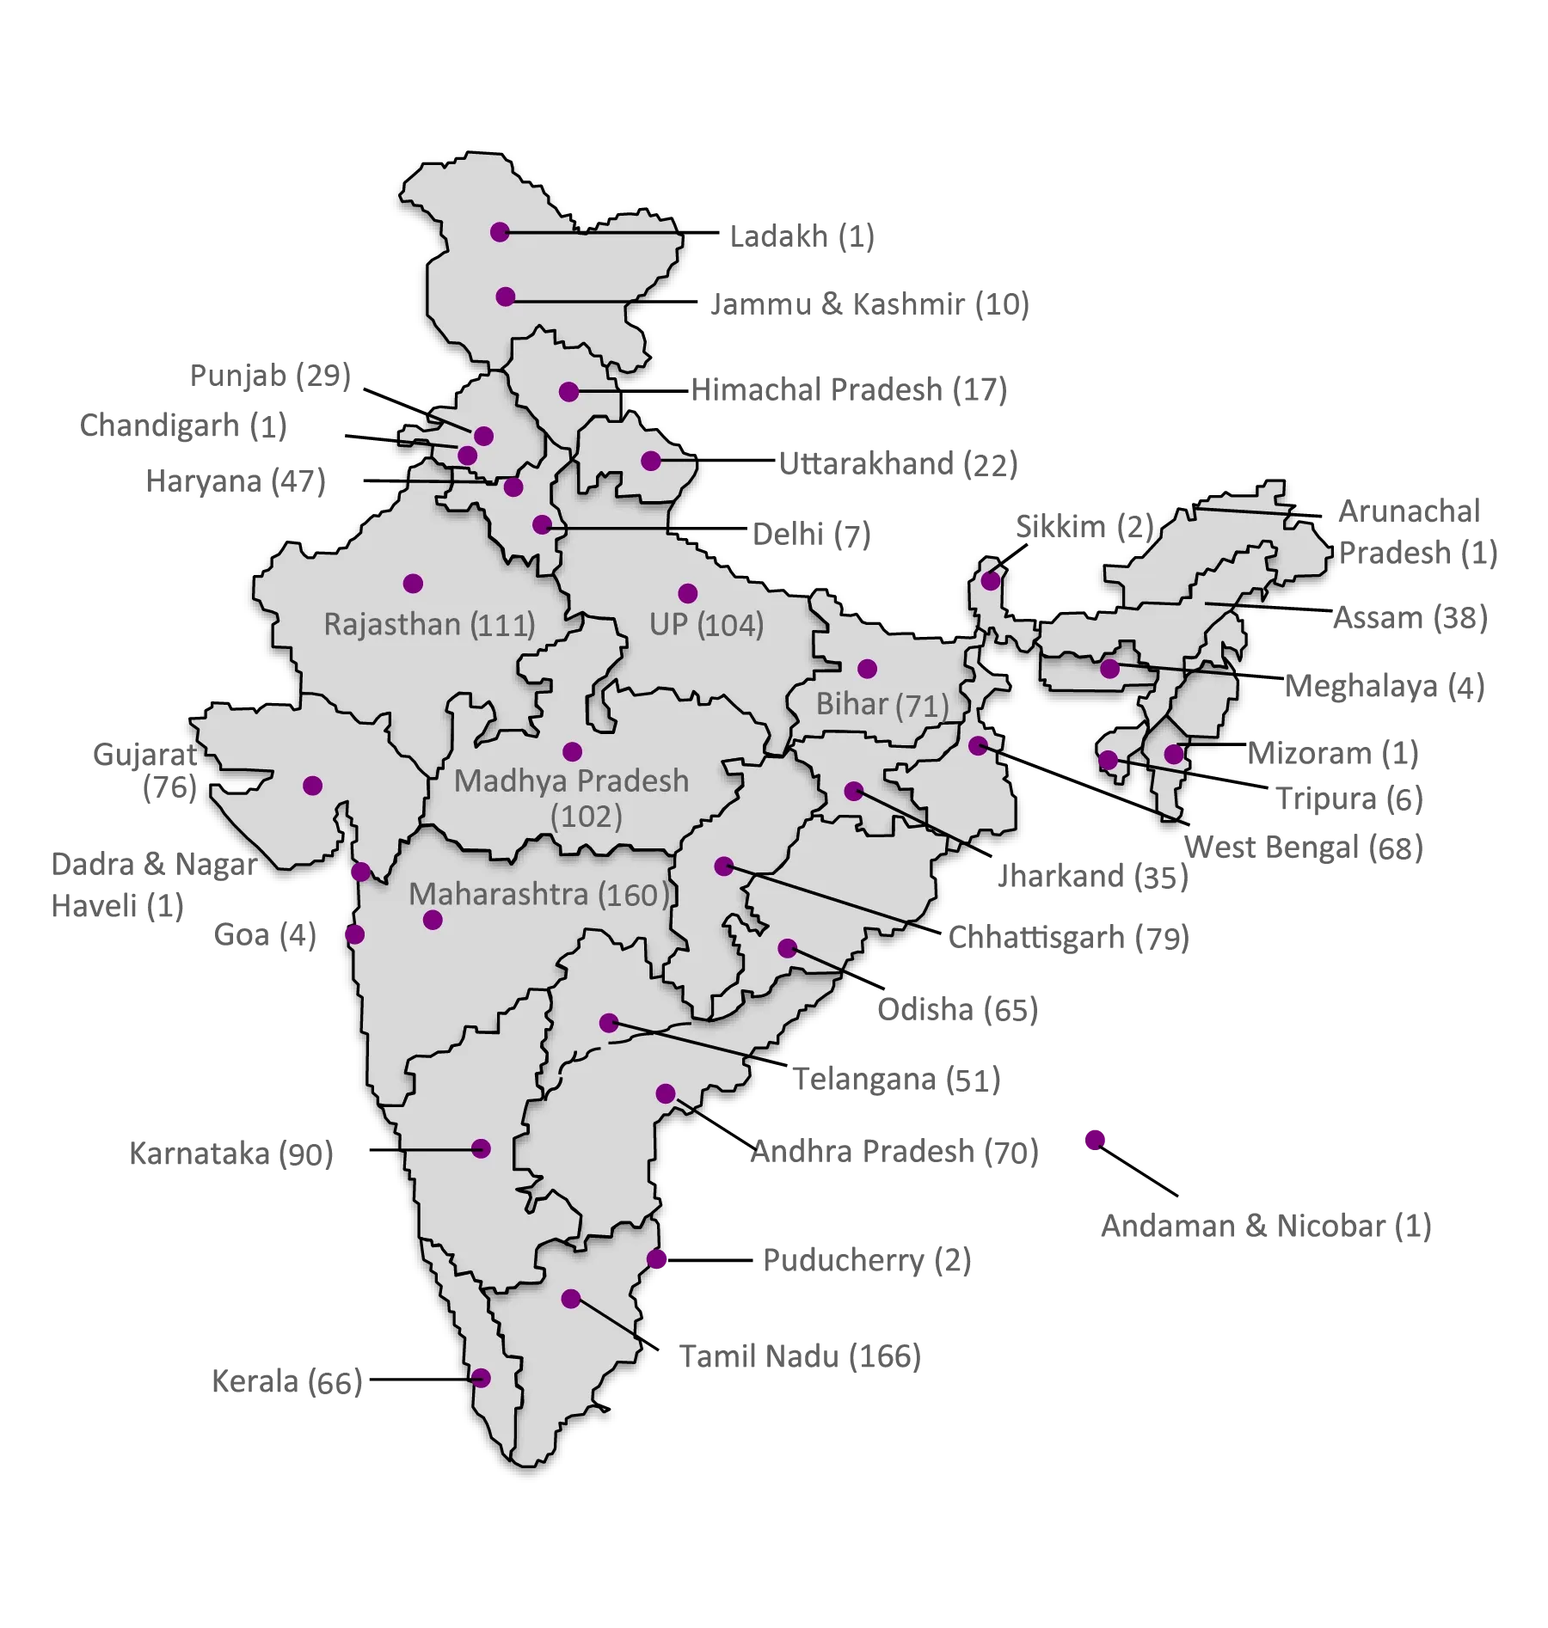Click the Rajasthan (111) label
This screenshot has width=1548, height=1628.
(x=429, y=624)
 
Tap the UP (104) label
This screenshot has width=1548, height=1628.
(x=706, y=625)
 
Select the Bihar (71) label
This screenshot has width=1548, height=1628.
(x=881, y=705)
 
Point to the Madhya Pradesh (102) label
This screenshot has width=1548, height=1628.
(x=572, y=798)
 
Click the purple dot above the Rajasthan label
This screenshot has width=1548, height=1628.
(x=413, y=584)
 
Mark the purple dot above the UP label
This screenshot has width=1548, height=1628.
(x=687, y=593)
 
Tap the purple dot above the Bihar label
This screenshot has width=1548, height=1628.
(x=867, y=669)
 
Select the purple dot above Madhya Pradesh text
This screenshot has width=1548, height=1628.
(x=572, y=752)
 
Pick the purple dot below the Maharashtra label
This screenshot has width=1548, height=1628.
(x=433, y=921)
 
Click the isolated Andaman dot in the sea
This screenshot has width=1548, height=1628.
(x=1094, y=1141)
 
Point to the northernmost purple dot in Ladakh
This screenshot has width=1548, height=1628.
(x=500, y=232)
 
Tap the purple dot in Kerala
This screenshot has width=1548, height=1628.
(x=481, y=1378)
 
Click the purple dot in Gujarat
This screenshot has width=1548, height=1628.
(x=313, y=786)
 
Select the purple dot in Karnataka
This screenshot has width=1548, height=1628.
(x=481, y=1149)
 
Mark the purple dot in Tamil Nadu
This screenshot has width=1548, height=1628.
(x=571, y=1299)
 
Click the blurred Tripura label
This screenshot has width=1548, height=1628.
(x=1348, y=800)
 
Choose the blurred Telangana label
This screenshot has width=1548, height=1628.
(x=899, y=1080)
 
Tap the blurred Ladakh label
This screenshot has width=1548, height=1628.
(x=800, y=235)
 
